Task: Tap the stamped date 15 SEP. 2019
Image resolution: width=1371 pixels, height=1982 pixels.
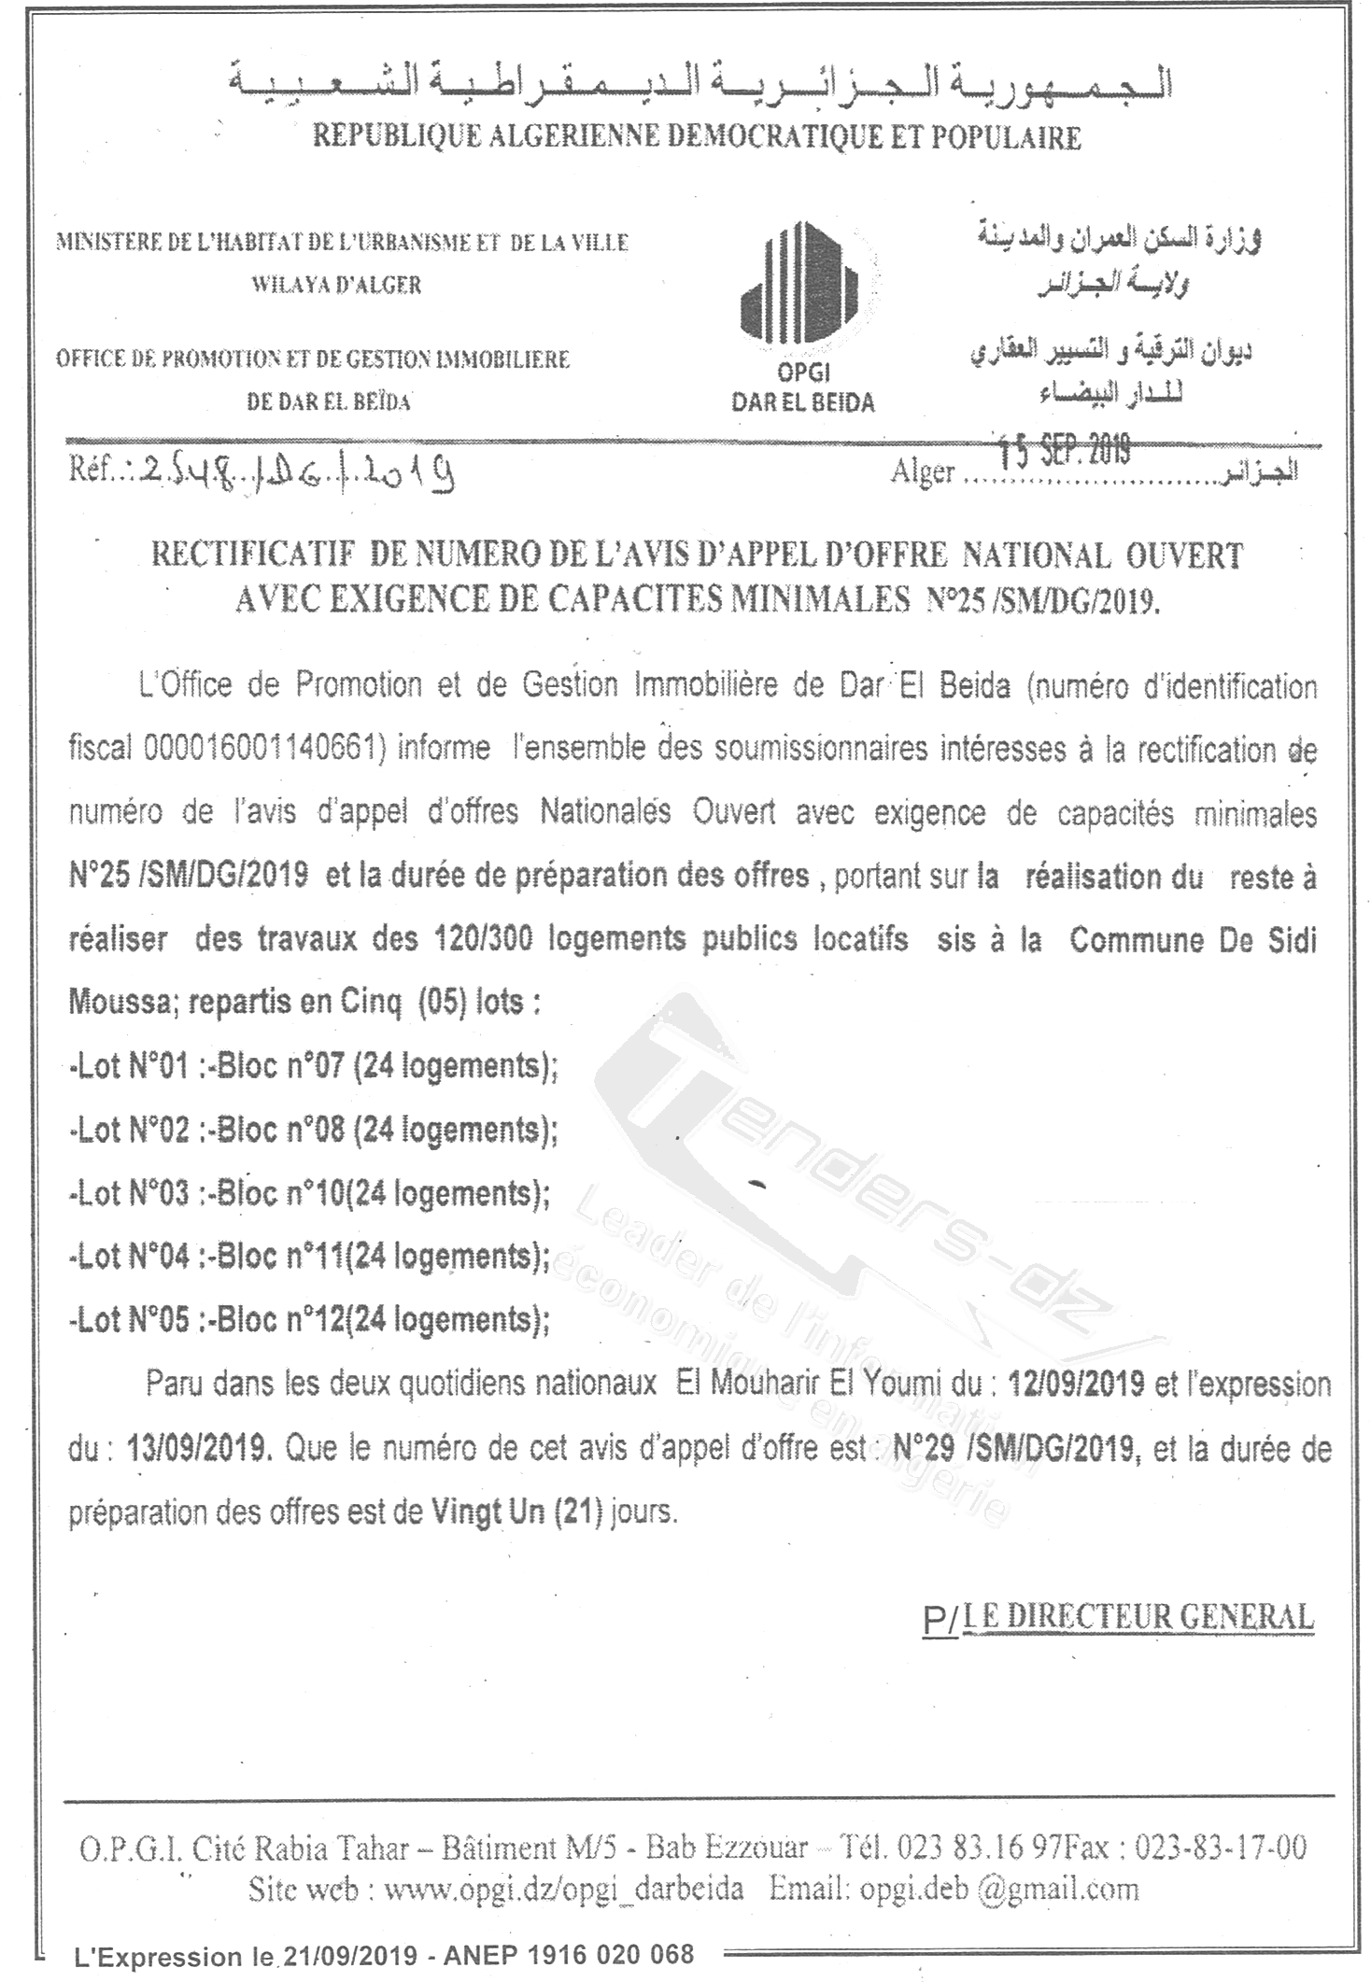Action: click(x=1064, y=451)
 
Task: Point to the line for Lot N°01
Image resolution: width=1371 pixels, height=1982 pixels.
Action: click(x=313, y=1065)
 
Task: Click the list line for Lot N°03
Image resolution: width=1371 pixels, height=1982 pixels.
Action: click(x=309, y=1193)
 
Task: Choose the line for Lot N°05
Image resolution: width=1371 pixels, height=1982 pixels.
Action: click(x=309, y=1319)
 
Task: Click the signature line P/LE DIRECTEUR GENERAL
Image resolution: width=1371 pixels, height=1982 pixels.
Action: click(x=1118, y=1617)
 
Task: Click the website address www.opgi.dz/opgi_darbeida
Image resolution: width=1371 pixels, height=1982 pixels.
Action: click(x=564, y=1890)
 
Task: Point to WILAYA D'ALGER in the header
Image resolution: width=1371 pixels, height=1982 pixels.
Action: click(x=336, y=285)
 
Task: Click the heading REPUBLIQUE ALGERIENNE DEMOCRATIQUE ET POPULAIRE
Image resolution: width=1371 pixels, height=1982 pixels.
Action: click(x=697, y=137)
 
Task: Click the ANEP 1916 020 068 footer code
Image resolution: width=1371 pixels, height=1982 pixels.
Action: click(x=569, y=1956)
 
